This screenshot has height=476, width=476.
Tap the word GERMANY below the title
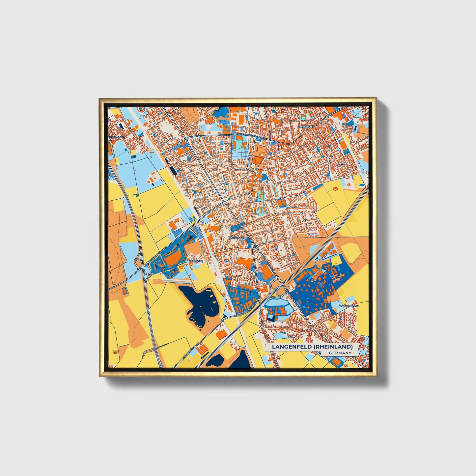(x=340, y=353)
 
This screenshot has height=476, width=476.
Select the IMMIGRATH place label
(x=305, y=126)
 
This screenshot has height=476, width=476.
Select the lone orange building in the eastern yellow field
(x=336, y=188)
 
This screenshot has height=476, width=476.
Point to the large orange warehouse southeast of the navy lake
(x=221, y=334)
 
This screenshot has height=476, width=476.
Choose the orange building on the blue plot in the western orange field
(x=124, y=291)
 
